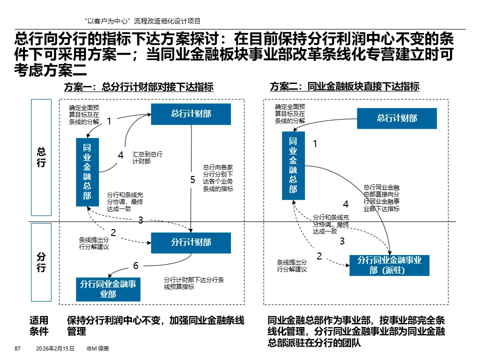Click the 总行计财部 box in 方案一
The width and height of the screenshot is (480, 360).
(191, 114)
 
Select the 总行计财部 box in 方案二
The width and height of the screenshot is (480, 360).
(397, 118)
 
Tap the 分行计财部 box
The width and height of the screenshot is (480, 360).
(191, 242)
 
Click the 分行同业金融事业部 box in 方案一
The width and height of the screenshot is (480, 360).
(108, 289)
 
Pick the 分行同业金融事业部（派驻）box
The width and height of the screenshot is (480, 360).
(389, 265)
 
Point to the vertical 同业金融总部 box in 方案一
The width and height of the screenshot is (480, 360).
(87, 171)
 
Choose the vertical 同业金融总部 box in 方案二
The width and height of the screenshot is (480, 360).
(293, 164)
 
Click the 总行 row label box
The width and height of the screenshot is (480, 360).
(41, 157)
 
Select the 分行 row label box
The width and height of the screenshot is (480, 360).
(41, 262)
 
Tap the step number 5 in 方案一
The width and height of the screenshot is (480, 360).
(192, 180)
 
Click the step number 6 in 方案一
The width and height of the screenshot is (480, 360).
(135, 264)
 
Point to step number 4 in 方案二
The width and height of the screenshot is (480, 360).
(345, 204)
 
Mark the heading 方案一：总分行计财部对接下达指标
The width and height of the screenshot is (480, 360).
(138, 87)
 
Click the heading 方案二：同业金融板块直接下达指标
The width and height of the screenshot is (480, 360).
(344, 87)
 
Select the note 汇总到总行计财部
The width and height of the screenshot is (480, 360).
(147, 157)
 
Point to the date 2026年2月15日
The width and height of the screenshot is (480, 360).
(55, 348)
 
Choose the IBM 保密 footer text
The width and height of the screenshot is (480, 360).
(98, 348)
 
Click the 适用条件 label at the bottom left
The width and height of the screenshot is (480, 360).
(39, 325)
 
